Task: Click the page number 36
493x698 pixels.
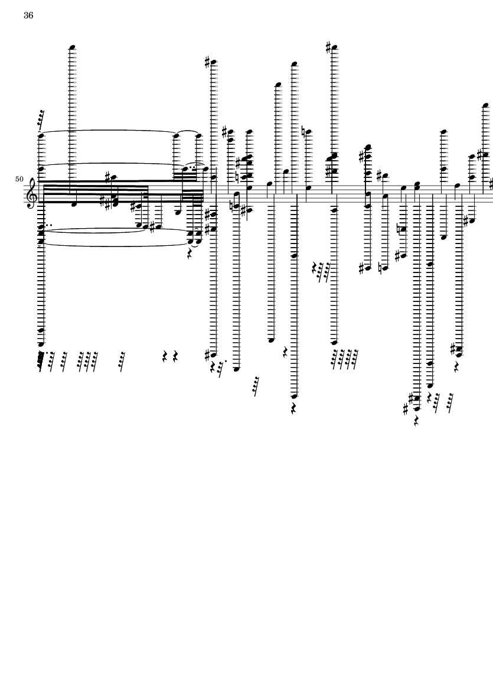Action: click(x=28, y=15)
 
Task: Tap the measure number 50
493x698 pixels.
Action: click(x=19, y=179)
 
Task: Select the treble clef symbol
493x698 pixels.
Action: click(x=32, y=191)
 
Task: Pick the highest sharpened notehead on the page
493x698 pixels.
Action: click(x=334, y=47)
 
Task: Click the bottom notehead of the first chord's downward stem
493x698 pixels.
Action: click(x=41, y=344)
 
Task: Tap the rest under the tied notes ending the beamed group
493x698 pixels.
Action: click(x=190, y=254)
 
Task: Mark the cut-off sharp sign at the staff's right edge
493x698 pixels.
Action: click(x=491, y=183)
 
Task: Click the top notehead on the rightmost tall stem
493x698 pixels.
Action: click(x=485, y=106)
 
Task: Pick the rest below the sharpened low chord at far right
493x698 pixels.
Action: click(x=456, y=366)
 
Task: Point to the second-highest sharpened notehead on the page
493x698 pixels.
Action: click(x=213, y=62)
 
